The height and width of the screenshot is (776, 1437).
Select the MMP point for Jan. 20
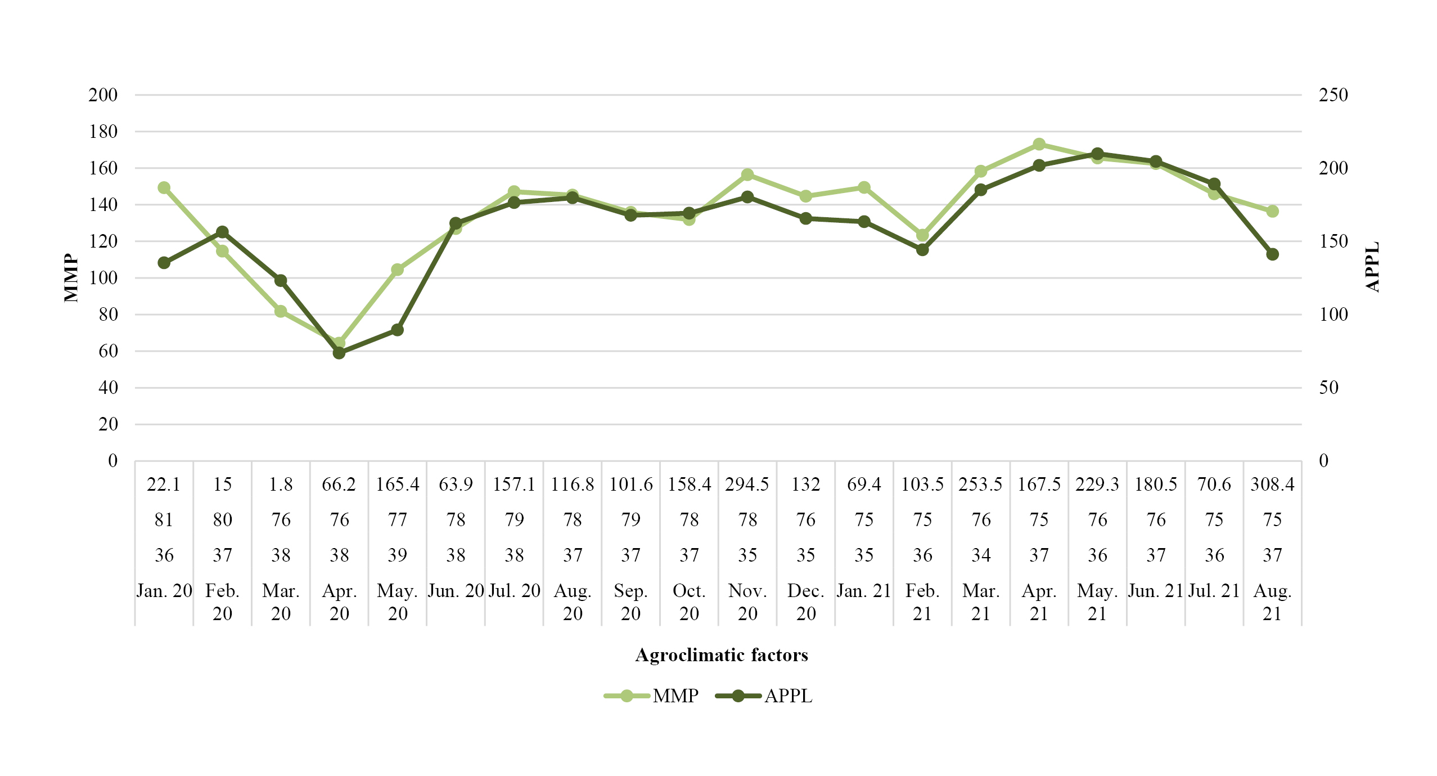tap(164, 187)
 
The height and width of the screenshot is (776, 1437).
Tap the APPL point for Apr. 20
tap(339, 353)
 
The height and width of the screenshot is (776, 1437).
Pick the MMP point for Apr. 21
tap(1039, 145)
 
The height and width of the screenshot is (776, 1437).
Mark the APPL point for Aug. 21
tap(1273, 254)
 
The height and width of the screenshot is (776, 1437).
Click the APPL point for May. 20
tap(398, 330)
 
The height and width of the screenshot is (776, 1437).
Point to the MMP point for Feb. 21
tap(922, 235)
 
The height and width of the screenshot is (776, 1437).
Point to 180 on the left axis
tap(103, 132)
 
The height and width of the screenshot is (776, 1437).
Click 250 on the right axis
tap(1333, 95)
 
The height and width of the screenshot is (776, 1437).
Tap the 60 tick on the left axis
tap(108, 351)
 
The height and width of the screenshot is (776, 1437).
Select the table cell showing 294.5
tap(747, 485)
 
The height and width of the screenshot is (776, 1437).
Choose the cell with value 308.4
tap(1272, 485)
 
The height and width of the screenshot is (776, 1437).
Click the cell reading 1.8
tap(281, 485)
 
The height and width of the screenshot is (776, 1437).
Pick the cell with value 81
tap(164, 520)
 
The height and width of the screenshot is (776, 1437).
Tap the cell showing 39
tap(398, 555)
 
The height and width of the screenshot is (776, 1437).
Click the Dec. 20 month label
tap(806, 602)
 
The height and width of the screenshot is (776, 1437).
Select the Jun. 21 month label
tap(1156, 591)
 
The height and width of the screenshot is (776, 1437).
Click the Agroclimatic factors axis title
tap(722, 655)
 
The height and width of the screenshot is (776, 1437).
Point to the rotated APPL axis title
tap(1372, 267)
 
